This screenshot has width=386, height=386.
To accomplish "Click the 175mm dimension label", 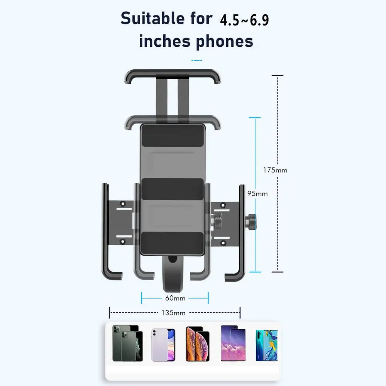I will point(275,170).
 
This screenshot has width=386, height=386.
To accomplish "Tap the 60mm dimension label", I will point(175,298).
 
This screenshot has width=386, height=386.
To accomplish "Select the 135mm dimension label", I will point(173,313).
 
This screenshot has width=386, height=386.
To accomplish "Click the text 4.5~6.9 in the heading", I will point(244,20).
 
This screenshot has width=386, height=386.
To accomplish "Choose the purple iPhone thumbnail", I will point(163,345).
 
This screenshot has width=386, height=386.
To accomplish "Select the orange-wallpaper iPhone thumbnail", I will point(197,344).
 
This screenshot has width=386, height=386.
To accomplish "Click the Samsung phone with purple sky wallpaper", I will point(233,343).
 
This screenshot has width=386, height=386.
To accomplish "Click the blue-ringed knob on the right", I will point(251,222).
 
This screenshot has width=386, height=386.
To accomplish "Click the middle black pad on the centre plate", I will point(172,189).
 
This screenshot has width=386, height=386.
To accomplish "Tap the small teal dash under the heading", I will point(197,60).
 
